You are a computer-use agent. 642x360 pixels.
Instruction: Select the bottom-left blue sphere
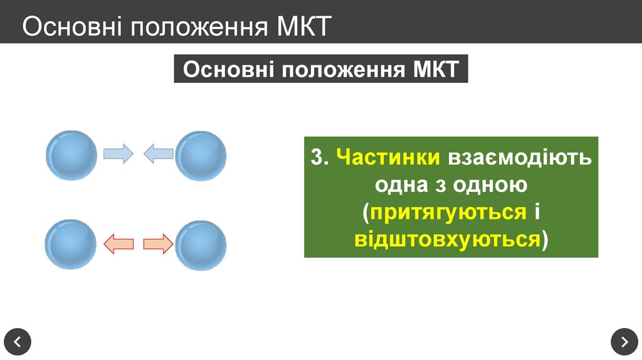point(71,244)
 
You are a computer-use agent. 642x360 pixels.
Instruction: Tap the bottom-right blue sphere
point(201,244)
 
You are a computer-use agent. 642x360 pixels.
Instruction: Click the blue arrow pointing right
point(118,153)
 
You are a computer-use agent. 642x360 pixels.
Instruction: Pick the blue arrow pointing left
point(158,153)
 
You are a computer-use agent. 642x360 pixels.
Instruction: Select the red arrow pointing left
point(118,243)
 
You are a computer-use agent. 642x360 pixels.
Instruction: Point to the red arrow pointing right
point(158,243)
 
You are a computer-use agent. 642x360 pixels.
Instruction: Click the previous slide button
point(17,342)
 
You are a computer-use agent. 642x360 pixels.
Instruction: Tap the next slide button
point(624,342)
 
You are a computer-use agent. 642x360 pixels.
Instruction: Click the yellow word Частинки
point(388,157)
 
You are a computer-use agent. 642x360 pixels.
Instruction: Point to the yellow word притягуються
point(448,212)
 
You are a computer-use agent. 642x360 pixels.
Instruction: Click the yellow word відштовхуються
point(447,240)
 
